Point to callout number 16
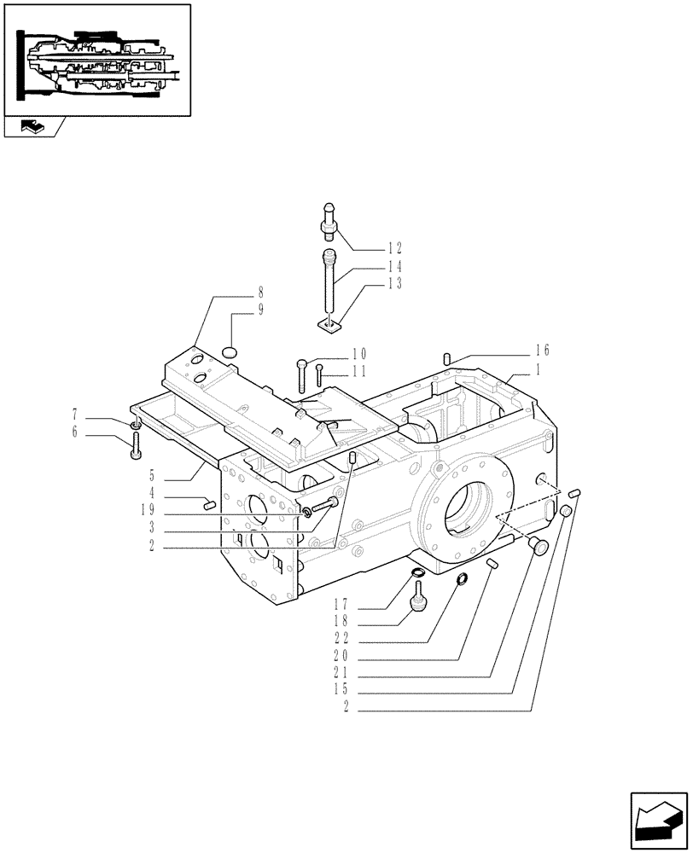[542, 350]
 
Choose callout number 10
[358, 353]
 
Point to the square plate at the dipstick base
[329, 323]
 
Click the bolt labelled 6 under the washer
[137, 446]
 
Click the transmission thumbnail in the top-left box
[97, 60]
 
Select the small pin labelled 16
[445, 358]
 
